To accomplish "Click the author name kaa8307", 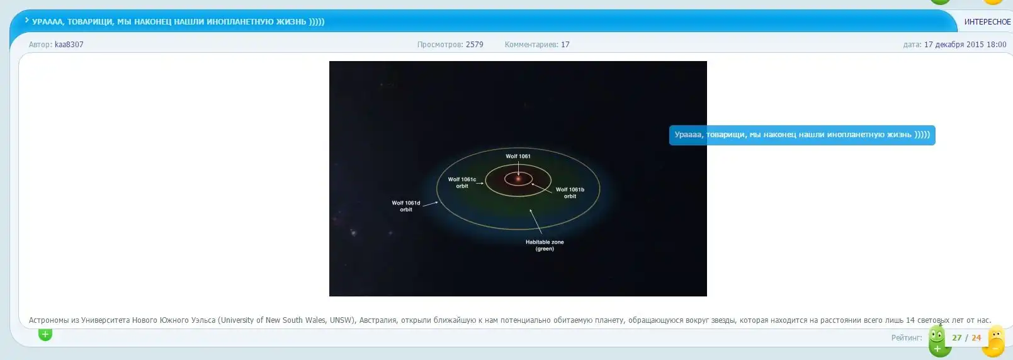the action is [69, 44].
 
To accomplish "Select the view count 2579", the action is [475, 44].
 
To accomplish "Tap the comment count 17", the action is [565, 44].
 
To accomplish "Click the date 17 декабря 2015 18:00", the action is [965, 44].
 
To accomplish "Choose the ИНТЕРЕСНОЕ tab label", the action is [988, 21].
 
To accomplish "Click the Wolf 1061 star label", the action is [518, 157].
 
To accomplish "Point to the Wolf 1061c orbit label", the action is [461, 183].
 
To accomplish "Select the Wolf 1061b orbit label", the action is [570, 193].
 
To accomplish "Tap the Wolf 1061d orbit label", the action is [405, 206].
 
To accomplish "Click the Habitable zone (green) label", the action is [545, 245].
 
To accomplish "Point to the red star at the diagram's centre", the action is [518, 179].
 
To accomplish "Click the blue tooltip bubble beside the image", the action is [802, 135].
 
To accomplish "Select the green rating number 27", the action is [956, 338].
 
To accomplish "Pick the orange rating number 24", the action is [976, 338].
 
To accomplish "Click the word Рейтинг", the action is [906, 338].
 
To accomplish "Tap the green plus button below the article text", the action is [45, 334].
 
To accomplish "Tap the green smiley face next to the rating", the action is [937, 335].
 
